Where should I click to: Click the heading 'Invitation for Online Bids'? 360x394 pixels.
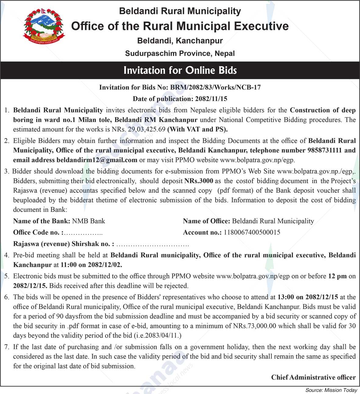coord(180,70)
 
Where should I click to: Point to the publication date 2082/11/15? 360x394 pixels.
coord(211,99)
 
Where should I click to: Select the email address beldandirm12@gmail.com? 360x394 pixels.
coord(97,160)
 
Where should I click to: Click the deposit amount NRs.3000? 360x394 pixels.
coord(199,181)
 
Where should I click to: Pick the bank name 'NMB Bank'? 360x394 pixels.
coord(88,221)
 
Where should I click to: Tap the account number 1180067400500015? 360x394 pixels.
coord(252,232)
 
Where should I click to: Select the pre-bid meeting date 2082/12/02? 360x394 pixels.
coord(105,265)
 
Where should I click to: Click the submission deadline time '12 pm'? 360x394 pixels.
coord(337,276)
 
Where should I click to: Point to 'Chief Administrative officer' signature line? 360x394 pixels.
coord(313,377)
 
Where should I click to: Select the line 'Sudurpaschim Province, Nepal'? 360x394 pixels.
coord(180,54)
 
